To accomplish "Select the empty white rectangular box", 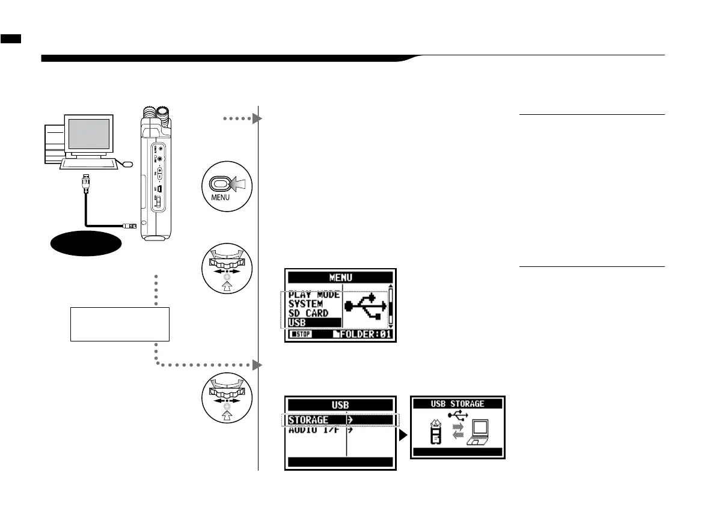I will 120,324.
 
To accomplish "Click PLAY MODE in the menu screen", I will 314,295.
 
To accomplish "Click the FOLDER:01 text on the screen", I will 364,335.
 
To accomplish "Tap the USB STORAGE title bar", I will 457,403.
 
